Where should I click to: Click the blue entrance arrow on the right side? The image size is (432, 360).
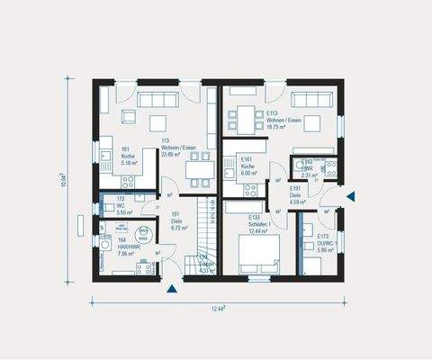[352, 196]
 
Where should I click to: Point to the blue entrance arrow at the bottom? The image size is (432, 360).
[171, 288]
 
